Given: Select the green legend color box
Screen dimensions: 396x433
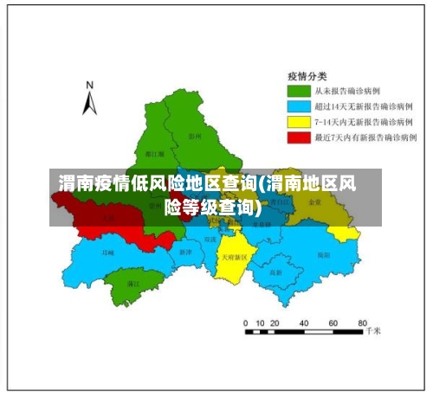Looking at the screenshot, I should (299, 90).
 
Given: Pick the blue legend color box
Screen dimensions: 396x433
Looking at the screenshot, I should (299, 105).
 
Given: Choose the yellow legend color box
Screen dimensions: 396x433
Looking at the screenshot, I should (299, 121).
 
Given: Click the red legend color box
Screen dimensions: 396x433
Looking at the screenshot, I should (299, 137).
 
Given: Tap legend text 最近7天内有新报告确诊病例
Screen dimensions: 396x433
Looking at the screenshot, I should (365, 137).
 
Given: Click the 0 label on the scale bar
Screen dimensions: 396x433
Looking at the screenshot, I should (247, 322).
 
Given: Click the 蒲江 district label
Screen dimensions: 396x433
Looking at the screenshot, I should (132, 283).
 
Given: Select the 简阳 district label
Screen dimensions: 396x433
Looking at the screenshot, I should (323, 255).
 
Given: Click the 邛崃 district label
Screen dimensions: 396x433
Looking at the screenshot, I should (107, 253).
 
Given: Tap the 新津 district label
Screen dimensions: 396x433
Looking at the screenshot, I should (185, 252).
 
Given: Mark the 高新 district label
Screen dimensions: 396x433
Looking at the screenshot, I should (275, 272).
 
